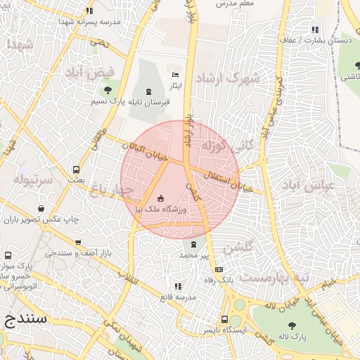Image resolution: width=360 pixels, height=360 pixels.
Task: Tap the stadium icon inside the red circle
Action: pyautogui.click(x=161, y=198)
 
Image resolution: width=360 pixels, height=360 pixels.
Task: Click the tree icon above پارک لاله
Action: pyautogui.click(x=292, y=326)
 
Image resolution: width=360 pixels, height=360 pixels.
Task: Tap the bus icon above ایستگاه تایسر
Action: pyautogui.click(x=224, y=319)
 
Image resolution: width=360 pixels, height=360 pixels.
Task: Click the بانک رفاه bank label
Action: pyautogui.click(x=218, y=280)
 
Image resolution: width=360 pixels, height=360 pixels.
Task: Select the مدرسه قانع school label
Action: pyautogui.click(x=176, y=297)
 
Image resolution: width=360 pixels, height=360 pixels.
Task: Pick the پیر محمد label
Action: pyautogui.click(x=194, y=255)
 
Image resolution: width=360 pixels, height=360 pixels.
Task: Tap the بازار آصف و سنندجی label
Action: pyautogui.click(x=69, y=252)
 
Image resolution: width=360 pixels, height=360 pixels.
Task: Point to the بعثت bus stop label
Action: pyautogui.click(x=76, y=180)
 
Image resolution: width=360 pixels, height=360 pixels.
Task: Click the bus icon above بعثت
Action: pyautogui.click(x=76, y=169)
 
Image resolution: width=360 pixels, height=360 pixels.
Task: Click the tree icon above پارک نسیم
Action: pyautogui.click(x=108, y=90)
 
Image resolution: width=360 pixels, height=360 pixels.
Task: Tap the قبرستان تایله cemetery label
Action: pyautogui.click(x=149, y=102)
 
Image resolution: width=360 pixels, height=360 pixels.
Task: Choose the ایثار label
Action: pyautogui.click(x=175, y=85)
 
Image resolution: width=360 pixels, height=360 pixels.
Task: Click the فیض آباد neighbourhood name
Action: pyautogui.click(x=89, y=72)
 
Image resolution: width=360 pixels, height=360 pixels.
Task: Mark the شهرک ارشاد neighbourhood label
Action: pyautogui.click(x=229, y=77)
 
